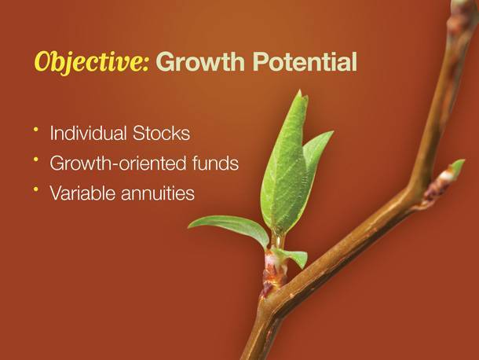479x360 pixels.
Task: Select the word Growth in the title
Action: [200, 61]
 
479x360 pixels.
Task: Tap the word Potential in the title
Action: [305, 61]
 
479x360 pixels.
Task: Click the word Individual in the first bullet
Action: [88, 133]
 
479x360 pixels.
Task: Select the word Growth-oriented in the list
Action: [118, 163]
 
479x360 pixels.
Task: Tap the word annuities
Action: [158, 193]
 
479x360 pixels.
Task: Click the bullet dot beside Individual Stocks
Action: [36, 130]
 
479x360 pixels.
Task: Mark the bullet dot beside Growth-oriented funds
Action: [36, 160]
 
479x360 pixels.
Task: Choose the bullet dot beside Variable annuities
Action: [36, 189]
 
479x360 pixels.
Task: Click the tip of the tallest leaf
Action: [300, 90]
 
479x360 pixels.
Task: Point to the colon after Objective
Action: [145, 65]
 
